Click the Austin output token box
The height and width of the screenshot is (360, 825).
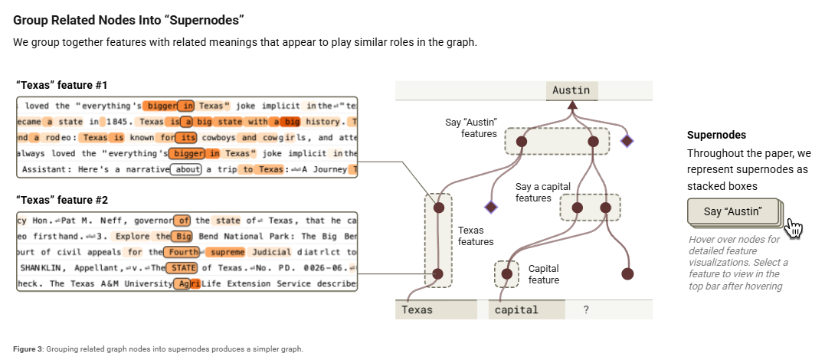click(x=571, y=90)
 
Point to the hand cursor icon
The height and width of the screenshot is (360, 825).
click(x=794, y=227)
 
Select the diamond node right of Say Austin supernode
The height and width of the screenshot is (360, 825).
click(x=627, y=141)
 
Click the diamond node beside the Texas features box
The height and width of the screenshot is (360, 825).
click(x=490, y=207)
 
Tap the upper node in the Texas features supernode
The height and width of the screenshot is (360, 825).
click(x=439, y=207)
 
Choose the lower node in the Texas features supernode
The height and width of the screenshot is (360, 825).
click(x=439, y=273)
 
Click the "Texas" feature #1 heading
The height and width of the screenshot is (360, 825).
click(x=62, y=84)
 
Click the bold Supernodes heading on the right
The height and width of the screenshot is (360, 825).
click(x=716, y=135)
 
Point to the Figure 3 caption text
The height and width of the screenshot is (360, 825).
click(x=158, y=349)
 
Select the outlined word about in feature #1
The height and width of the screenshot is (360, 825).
click(x=185, y=169)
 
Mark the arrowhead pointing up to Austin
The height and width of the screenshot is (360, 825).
click(x=571, y=104)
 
